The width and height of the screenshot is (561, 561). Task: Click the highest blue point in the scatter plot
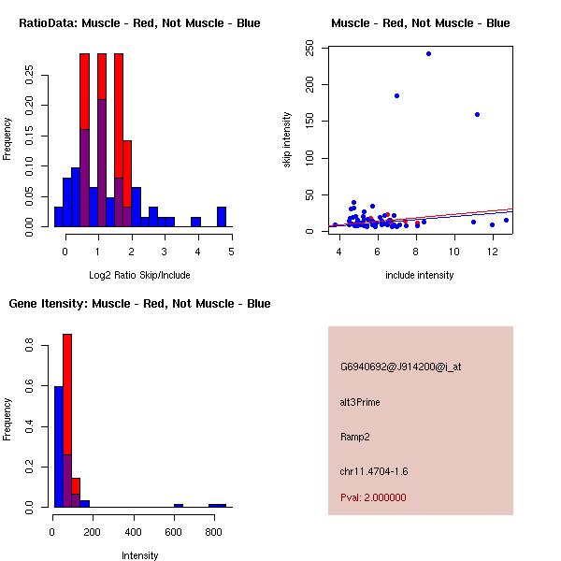click(x=428, y=53)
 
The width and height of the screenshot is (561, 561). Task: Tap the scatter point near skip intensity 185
click(x=396, y=95)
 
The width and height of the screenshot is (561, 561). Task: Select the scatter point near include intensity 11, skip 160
click(x=477, y=115)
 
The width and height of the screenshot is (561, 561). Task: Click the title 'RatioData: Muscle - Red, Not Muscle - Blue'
click(x=139, y=22)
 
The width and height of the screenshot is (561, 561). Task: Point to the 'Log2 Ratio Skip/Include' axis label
click(x=139, y=275)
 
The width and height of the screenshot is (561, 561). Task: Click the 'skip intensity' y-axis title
click(x=287, y=140)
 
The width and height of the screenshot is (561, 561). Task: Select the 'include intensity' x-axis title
click(x=420, y=275)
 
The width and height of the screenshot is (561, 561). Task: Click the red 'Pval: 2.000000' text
click(x=373, y=497)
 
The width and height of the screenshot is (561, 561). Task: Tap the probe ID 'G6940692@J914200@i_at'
click(x=400, y=367)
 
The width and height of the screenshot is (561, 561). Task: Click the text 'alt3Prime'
click(x=360, y=402)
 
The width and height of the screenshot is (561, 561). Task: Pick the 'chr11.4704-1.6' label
click(x=374, y=471)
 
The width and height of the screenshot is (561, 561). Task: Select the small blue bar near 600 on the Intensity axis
click(x=179, y=505)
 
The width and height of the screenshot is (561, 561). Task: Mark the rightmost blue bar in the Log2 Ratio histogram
click(x=222, y=217)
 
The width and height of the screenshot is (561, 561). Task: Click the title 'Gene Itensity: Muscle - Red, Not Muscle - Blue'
click(x=139, y=303)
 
